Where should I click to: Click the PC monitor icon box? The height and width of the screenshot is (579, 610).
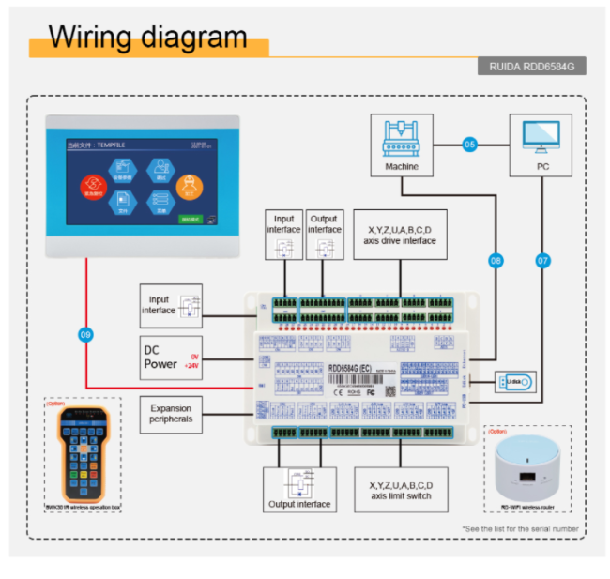(x=540, y=145)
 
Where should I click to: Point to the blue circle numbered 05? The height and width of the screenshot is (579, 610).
(x=470, y=145)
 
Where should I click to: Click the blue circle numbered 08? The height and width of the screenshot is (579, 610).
(x=496, y=260)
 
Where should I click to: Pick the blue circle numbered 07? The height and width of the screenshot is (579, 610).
(x=541, y=260)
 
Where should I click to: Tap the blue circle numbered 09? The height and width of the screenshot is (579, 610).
(x=85, y=334)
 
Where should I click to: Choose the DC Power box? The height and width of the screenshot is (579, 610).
(x=171, y=358)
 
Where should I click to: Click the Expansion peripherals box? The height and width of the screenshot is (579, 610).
(x=171, y=413)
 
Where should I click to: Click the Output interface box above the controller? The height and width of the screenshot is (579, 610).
(x=325, y=238)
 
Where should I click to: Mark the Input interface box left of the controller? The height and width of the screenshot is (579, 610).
(x=171, y=305)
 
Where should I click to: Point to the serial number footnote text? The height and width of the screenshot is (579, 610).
(x=520, y=529)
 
